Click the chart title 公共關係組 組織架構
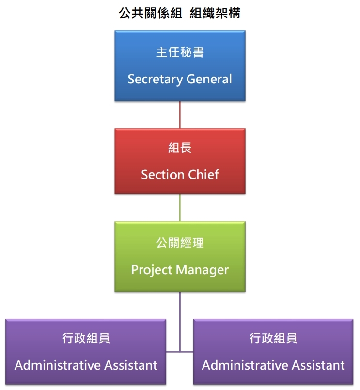coord(180,13)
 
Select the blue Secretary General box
coord(180,65)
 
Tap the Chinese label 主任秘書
coord(180,52)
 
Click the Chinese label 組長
coord(180,148)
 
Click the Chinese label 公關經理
coord(180,243)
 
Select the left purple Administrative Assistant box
coord(86,352)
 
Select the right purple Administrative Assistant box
coord(273,352)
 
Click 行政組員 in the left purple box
coord(86,339)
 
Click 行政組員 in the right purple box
coord(273,339)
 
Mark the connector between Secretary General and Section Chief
coord(180,114)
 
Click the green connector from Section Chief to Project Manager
coord(180,208)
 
